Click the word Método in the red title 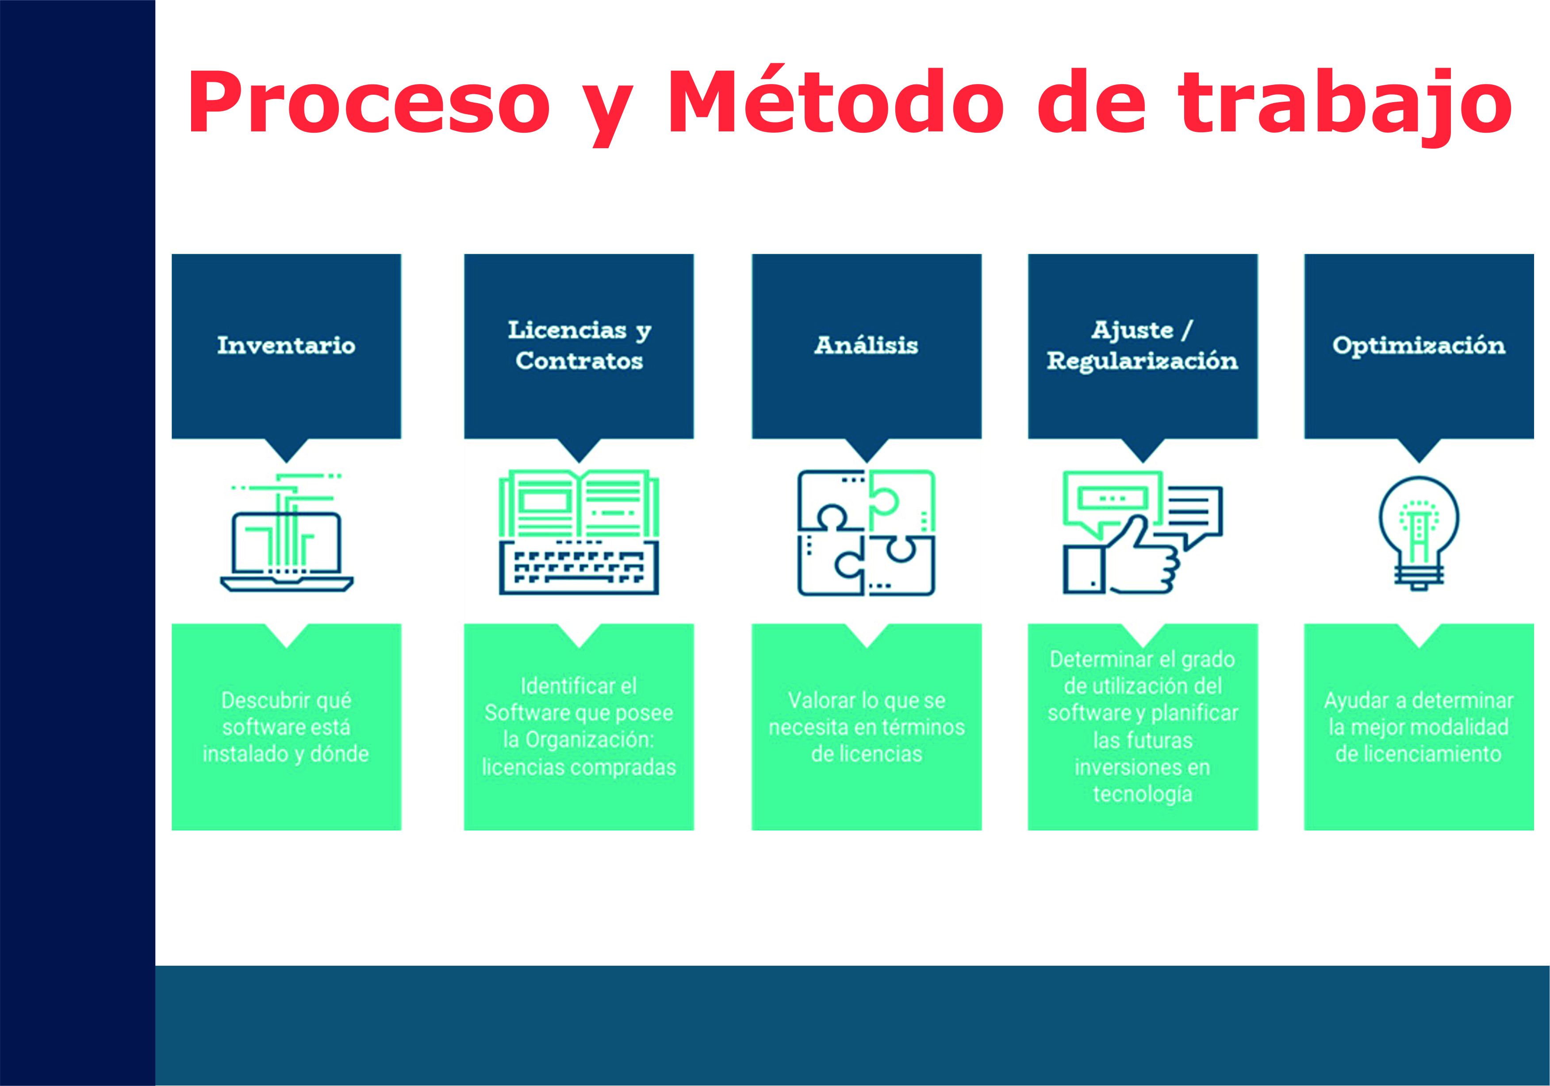click(835, 103)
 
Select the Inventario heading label click(286, 345)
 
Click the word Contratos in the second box click(579, 361)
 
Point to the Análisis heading click(866, 345)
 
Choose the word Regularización click(1142, 361)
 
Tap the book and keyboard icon click(579, 533)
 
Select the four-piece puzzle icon click(866, 533)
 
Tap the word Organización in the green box click(589, 740)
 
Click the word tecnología click(1142, 794)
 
